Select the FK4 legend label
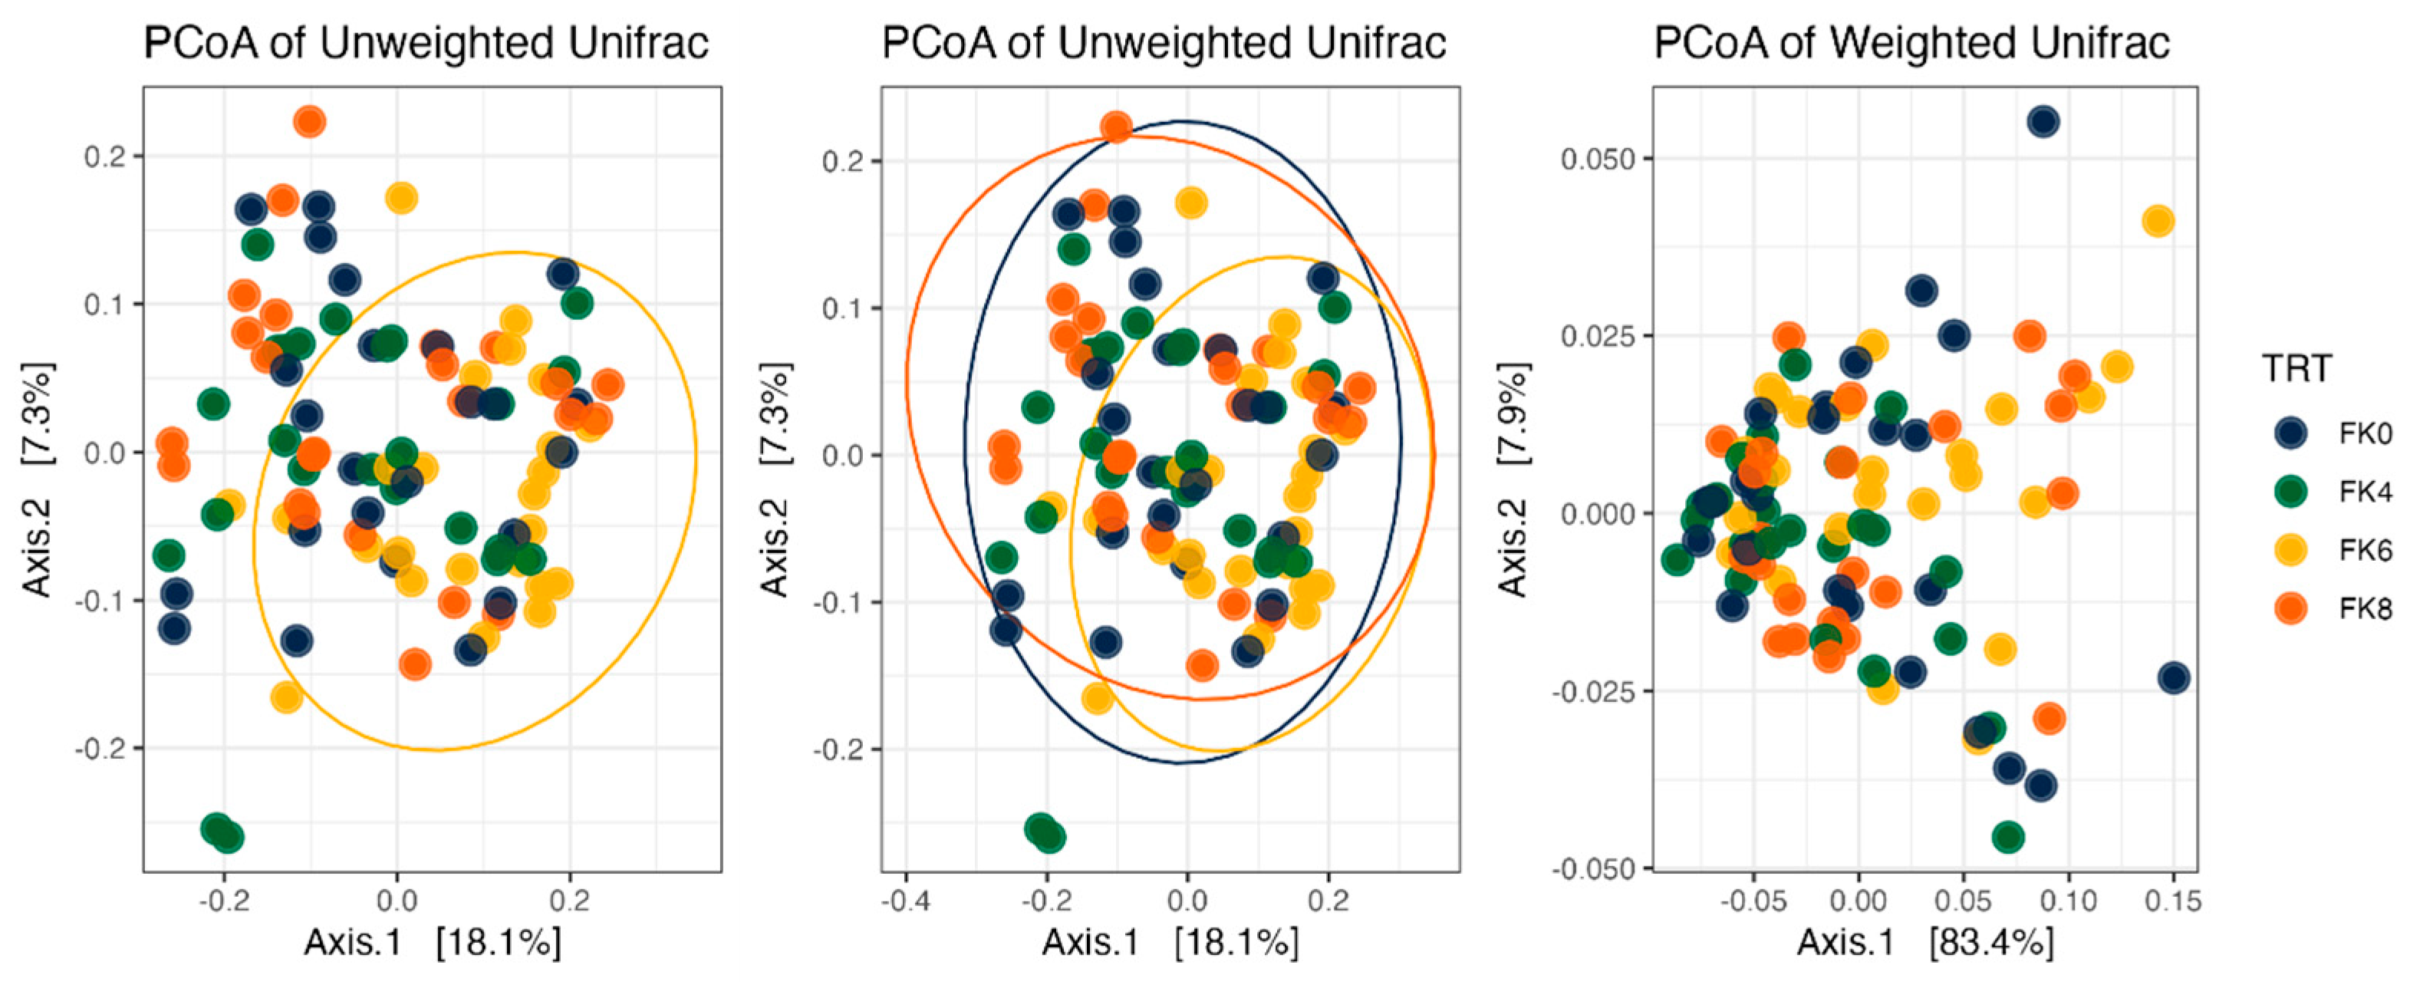2364,492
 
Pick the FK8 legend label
2364,609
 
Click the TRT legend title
2297,369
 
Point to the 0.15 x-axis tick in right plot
2173,901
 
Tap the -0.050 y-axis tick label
1592,868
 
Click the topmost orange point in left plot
309,122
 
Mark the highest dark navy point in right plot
2043,122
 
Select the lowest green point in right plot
2007,837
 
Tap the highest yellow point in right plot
2158,222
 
